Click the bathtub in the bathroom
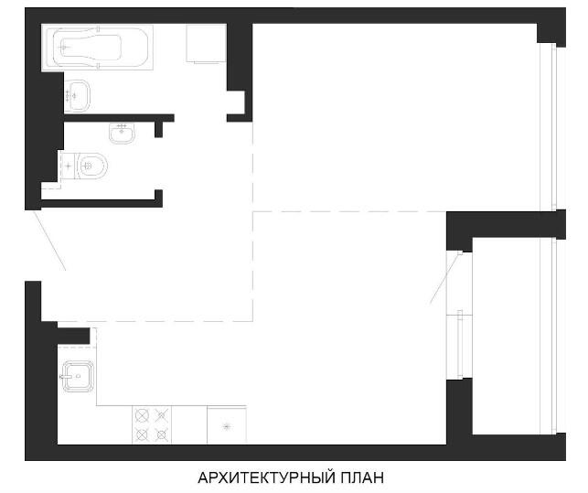[97, 48]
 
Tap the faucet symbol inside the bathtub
[65, 48]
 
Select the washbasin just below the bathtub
[77, 95]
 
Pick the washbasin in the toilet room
[122, 134]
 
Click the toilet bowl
[92, 166]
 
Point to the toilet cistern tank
[69, 166]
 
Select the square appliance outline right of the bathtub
[207, 43]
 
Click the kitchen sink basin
[78, 376]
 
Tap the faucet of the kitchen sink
[65, 376]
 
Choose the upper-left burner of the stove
[142, 415]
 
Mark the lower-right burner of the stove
[161, 434]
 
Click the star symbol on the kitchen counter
[226, 426]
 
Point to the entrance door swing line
[49, 241]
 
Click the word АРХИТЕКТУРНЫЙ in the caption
[266, 478]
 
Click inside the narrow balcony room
[506, 336]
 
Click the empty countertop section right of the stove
[189, 424]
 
